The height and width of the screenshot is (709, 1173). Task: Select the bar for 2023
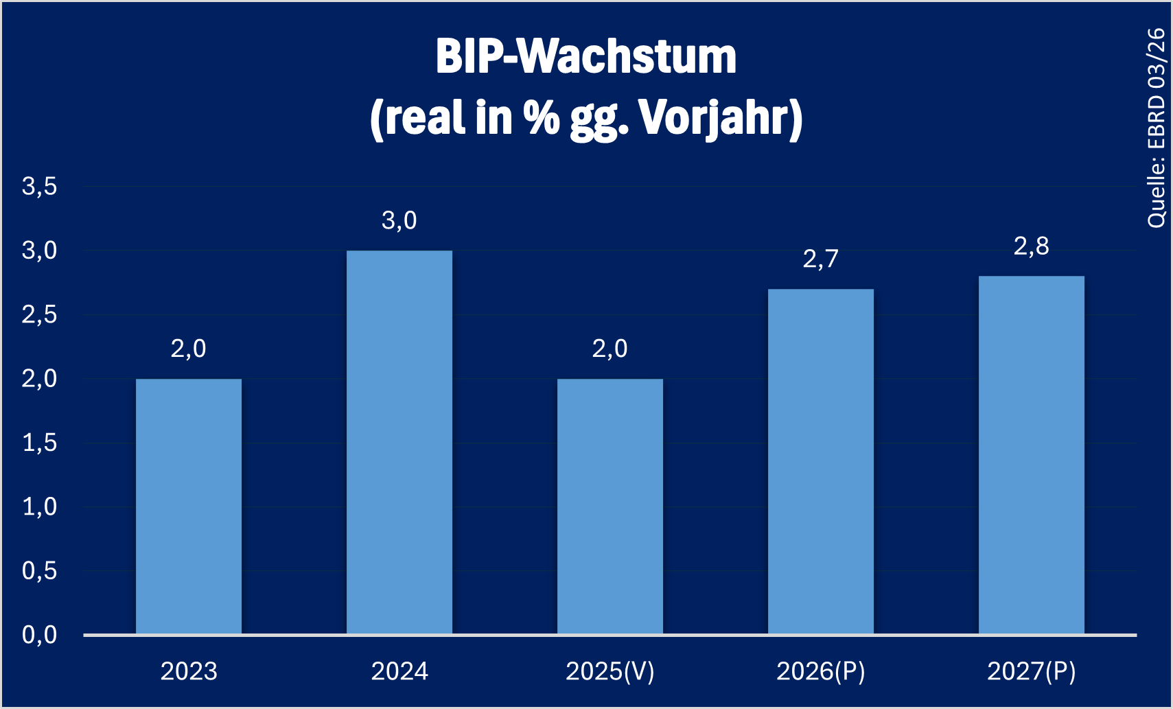click(189, 507)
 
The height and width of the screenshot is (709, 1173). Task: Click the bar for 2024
click(399, 443)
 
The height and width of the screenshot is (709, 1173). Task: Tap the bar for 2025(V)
click(610, 507)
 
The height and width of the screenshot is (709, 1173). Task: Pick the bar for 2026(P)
click(821, 461)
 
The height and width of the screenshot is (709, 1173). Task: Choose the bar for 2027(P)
click(1032, 455)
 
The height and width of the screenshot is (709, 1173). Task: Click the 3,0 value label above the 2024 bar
click(399, 221)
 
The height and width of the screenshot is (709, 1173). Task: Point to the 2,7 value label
click(821, 259)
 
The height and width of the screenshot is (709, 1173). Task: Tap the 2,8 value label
click(1032, 246)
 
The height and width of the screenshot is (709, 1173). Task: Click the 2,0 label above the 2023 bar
click(189, 349)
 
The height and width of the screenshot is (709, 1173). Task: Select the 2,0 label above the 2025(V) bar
click(610, 349)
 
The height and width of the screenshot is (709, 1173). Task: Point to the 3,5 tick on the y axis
click(40, 187)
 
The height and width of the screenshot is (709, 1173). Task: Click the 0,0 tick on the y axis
click(40, 636)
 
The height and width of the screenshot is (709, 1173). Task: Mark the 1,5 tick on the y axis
click(40, 443)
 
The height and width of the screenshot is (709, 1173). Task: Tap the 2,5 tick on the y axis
click(40, 315)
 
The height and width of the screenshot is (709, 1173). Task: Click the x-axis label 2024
click(399, 671)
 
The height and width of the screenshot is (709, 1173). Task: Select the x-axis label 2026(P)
click(821, 671)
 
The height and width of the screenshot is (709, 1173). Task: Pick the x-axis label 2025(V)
click(610, 671)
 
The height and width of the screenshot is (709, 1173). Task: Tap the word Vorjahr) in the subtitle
click(721, 118)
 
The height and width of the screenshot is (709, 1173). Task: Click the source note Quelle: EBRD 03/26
click(1157, 128)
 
